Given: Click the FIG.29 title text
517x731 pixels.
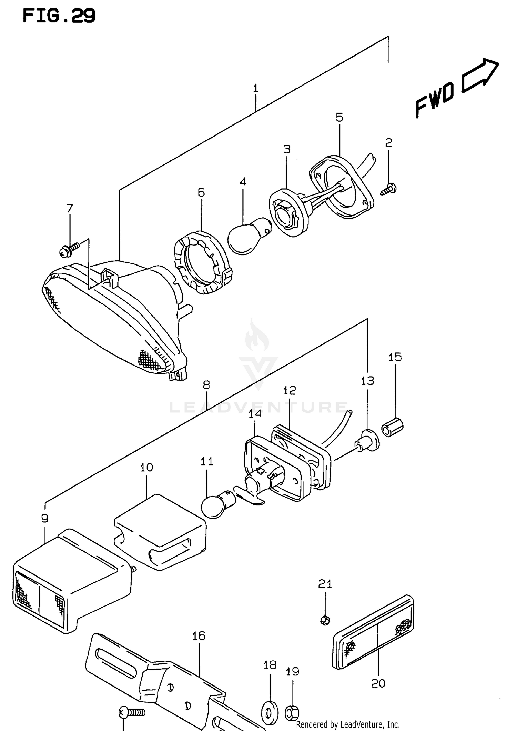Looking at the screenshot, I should click(59, 16).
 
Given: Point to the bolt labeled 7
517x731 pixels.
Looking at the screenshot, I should click(69, 250).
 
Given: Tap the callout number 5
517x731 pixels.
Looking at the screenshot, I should click(339, 118).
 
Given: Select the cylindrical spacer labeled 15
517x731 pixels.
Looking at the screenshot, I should click(393, 428).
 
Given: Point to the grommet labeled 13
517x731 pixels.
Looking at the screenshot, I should click(369, 441).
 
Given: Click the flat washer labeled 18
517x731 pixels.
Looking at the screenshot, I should click(270, 713).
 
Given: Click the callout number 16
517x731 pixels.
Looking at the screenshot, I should click(199, 635).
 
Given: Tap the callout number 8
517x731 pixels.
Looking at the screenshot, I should click(206, 385).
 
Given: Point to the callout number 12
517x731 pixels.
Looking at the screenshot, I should click(290, 390).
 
